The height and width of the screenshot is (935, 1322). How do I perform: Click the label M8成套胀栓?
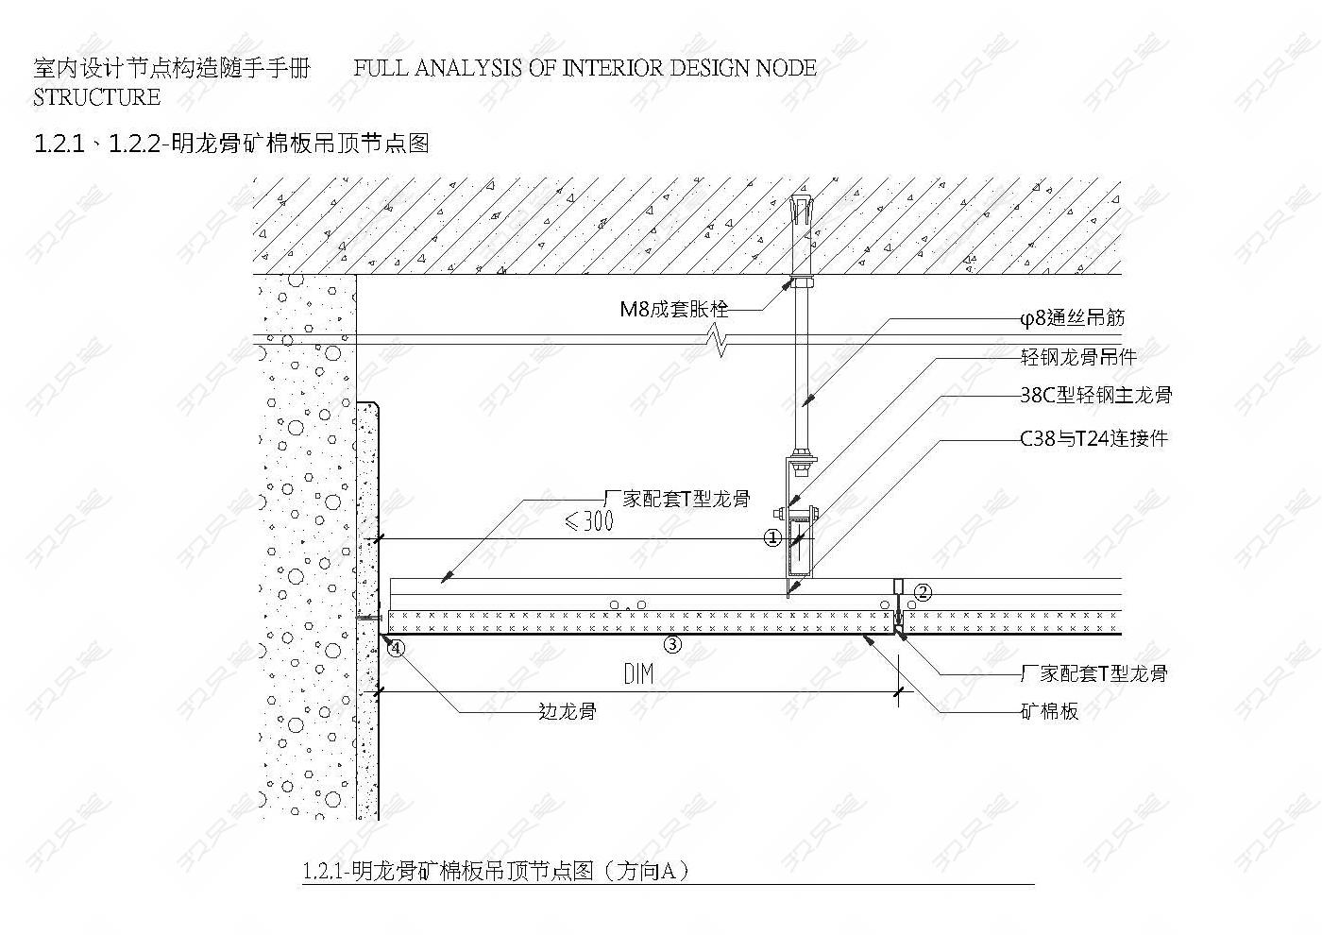[x=674, y=310]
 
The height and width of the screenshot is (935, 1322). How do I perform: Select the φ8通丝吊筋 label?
[x=1073, y=318]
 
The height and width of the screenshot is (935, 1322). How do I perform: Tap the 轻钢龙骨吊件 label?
[x=1078, y=357]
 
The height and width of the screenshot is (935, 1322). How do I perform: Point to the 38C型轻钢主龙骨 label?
[x=1096, y=395]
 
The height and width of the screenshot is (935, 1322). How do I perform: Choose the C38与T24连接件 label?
[x=1094, y=438]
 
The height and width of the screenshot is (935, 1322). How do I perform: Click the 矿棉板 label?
[x=1049, y=711]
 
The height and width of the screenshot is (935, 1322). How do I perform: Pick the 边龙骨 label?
[x=568, y=711]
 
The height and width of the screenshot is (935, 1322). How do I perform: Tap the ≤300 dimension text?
[x=589, y=520]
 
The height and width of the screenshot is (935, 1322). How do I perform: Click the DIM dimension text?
[x=638, y=674]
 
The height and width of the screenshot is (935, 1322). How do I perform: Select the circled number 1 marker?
[x=773, y=537]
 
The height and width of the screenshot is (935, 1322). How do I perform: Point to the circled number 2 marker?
[x=924, y=592]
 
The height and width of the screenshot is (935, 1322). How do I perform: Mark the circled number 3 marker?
[x=672, y=644]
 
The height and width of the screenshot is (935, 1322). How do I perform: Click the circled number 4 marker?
[x=396, y=649]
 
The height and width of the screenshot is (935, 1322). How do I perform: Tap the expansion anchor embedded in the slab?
[x=801, y=236]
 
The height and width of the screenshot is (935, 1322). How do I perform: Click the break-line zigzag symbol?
[x=719, y=341]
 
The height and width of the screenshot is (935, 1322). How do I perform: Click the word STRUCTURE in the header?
[x=96, y=96]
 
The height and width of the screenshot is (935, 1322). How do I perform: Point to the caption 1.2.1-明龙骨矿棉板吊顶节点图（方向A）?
[x=496, y=871]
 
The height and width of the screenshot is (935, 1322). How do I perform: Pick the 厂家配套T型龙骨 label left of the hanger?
[x=678, y=500]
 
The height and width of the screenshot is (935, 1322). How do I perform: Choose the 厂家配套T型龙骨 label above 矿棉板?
[x=1094, y=673]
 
